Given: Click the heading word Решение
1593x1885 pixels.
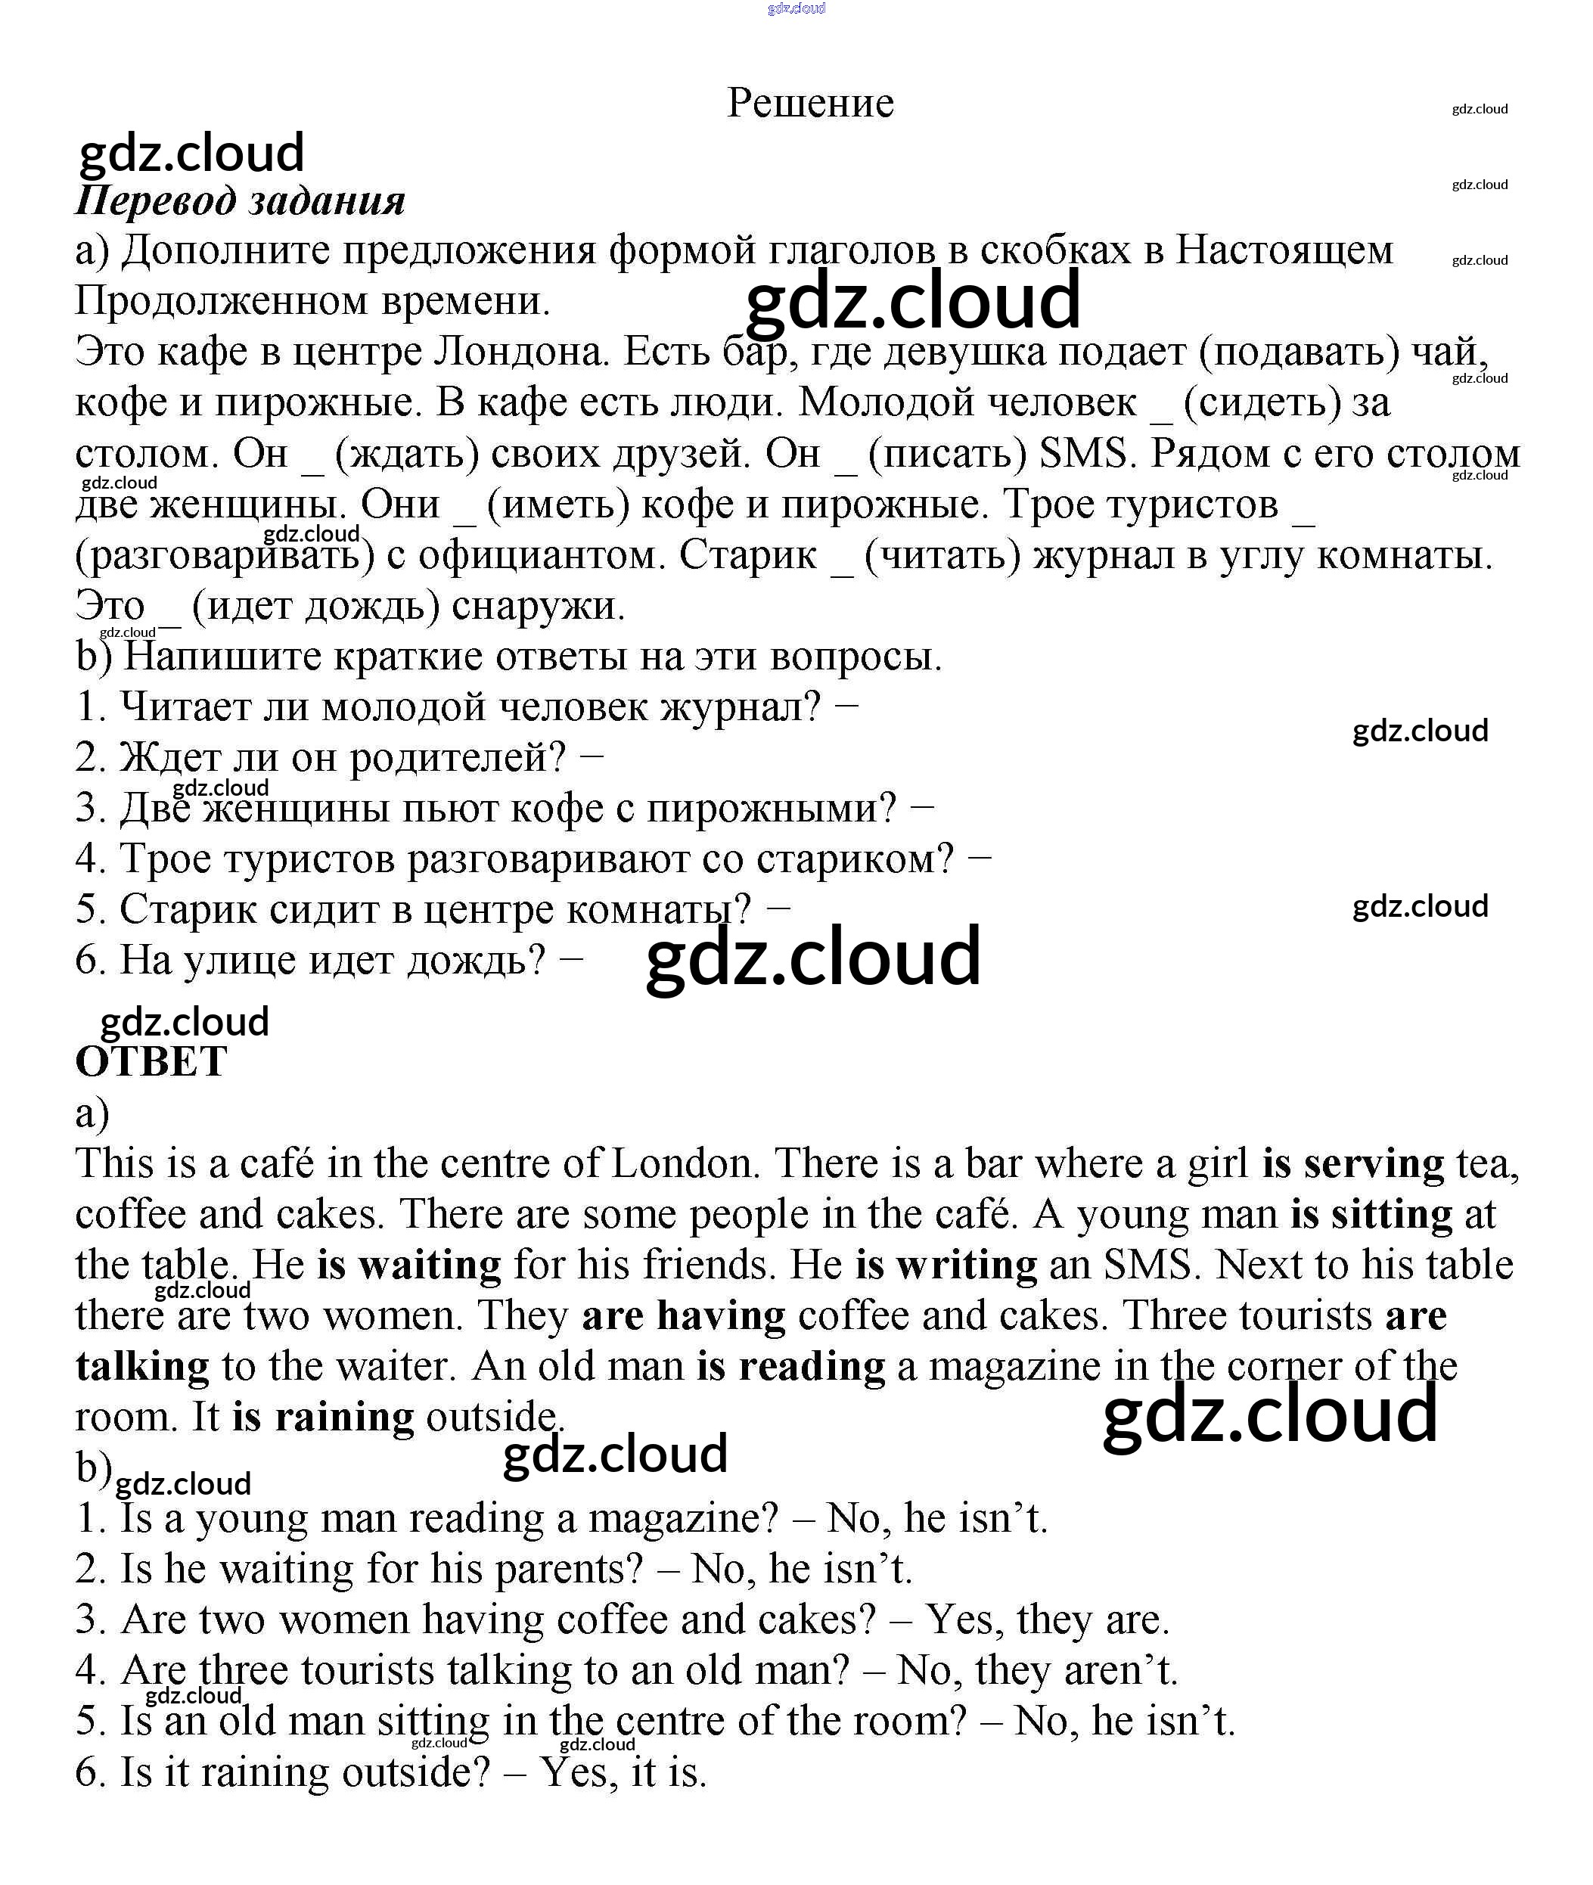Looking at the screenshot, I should click(x=810, y=103).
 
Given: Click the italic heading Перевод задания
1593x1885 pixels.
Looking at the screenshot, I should click(x=241, y=200).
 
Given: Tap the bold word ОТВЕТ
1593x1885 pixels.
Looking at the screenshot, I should click(x=151, y=1062).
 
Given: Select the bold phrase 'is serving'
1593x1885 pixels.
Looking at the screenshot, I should click(x=1352, y=1164).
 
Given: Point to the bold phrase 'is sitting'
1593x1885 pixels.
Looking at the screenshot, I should click(x=1371, y=1215).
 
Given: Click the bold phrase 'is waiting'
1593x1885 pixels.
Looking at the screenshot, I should click(x=409, y=1265).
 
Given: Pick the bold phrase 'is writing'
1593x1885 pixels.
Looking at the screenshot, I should click(x=946, y=1265).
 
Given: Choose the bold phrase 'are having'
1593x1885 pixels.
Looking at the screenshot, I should click(x=684, y=1316).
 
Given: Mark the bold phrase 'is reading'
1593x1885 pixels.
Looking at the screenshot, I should click(x=791, y=1367).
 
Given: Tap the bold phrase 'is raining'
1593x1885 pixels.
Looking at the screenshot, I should click(x=323, y=1417).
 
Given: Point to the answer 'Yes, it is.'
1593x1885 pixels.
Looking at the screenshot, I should click(x=623, y=1773).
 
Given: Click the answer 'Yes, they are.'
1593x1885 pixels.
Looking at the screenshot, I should click(x=1048, y=1619).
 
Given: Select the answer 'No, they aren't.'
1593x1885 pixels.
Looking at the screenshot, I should click(x=1038, y=1670).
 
